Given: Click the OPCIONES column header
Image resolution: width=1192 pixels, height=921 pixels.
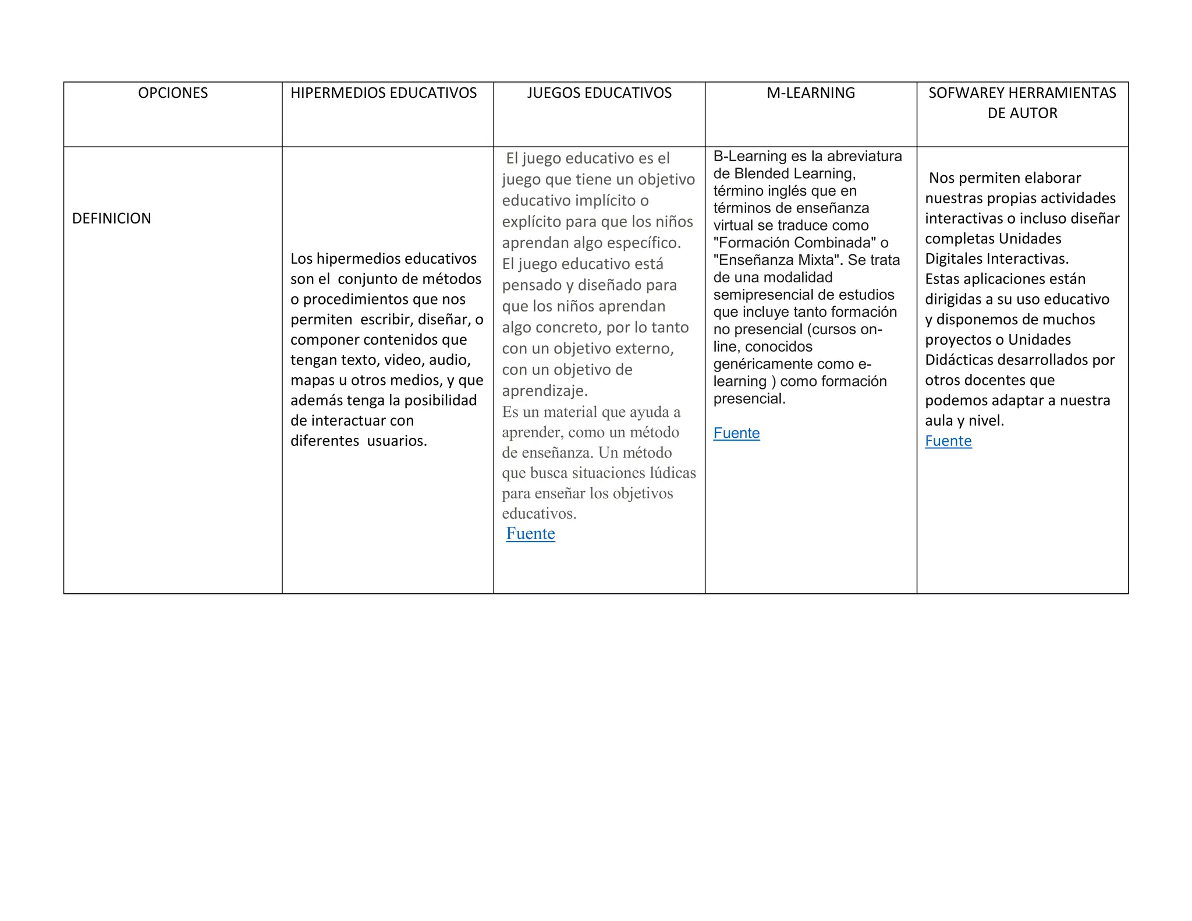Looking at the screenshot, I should pyautogui.click(x=173, y=93).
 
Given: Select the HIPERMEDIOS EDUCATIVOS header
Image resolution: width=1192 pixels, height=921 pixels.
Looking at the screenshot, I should pyautogui.click(x=384, y=93).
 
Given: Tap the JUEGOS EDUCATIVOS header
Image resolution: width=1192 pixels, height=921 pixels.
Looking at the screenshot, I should pyautogui.click(x=599, y=93).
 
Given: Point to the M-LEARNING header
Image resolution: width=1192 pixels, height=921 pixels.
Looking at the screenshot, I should pyautogui.click(x=811, y=93).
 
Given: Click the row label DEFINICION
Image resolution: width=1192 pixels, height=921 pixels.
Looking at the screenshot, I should pyautogui.click(x=112, y=218).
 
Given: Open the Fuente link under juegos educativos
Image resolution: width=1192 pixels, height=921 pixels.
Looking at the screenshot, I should pyautogui.click(x=530, y=534).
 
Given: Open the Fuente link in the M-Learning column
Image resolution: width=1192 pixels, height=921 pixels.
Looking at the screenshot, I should pyautogui.click(x=736, y=433).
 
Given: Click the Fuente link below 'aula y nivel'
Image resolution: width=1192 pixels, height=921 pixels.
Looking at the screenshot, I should pyautogui.click(x=948, y=441).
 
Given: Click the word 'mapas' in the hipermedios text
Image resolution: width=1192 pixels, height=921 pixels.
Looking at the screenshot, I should pyautogui.click(x=312, y=380).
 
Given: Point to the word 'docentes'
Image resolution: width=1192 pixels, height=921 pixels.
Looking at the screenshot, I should pyautogui.click(x=990, y=380).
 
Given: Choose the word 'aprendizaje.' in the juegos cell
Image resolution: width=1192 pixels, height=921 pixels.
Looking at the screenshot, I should pyautogui.click(x=545, y=391).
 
